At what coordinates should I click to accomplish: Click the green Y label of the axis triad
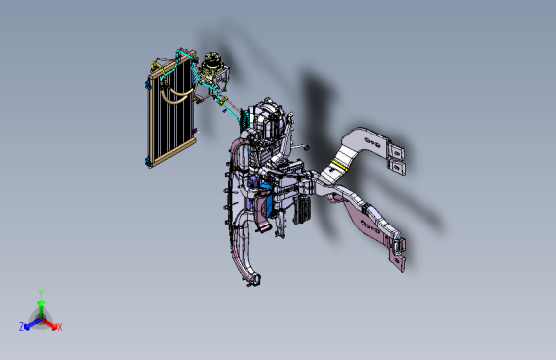(40, 293)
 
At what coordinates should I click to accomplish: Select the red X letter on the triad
(59, 327)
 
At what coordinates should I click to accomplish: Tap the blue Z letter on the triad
(21, 326)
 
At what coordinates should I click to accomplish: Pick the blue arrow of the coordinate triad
(31, 322)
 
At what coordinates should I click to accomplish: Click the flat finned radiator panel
(170, 109)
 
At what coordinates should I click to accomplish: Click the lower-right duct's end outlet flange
(398, 255)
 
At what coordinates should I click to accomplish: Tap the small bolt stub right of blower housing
(307, 148)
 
